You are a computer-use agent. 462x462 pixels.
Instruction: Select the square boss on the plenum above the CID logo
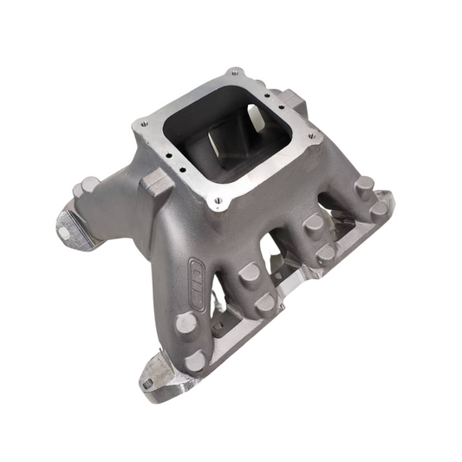point(158,183)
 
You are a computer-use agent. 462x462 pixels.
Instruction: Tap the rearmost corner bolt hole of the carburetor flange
point(232,73)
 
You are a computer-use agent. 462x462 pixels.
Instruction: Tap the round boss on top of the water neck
point(89,185)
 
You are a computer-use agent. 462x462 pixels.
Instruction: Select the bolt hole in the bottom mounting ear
point(148,381)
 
